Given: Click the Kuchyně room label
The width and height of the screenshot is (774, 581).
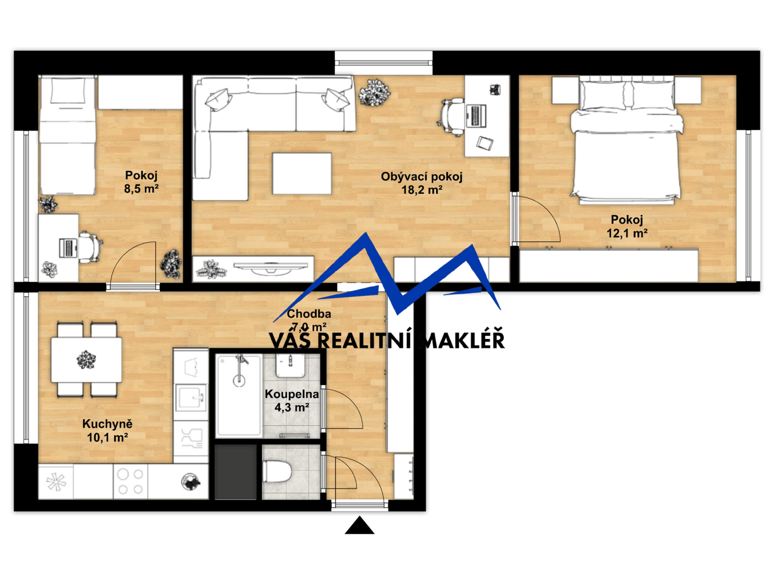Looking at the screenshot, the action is [107, 424].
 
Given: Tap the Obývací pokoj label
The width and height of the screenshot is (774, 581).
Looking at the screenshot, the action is [421, 176].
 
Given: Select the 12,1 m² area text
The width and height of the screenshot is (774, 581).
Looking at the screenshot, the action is [626, 233].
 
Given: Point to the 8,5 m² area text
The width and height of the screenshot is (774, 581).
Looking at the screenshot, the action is [141, 189].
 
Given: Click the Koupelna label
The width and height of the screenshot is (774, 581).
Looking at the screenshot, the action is [292, 394].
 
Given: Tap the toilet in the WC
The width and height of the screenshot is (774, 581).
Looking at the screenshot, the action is [277, 472].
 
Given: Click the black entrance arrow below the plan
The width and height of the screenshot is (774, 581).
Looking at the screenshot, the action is [359, 525].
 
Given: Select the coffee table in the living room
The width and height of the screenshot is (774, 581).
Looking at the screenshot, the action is [302, 173].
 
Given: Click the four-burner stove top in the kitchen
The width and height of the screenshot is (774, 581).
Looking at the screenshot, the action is [130, 482].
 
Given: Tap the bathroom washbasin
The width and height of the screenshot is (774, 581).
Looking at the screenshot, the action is [290, 365].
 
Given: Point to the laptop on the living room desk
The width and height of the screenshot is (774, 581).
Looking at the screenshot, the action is [476, 116].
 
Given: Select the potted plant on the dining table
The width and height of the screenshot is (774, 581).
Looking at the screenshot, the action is [86, 360].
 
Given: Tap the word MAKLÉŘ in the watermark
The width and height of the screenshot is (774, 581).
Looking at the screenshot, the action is [462, 340].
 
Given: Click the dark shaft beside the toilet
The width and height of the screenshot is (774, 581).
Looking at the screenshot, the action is [236, 472].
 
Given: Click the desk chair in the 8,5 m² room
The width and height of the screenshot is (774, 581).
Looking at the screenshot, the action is [89, 247].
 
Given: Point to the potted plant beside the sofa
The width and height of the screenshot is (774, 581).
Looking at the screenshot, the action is [374, 92].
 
